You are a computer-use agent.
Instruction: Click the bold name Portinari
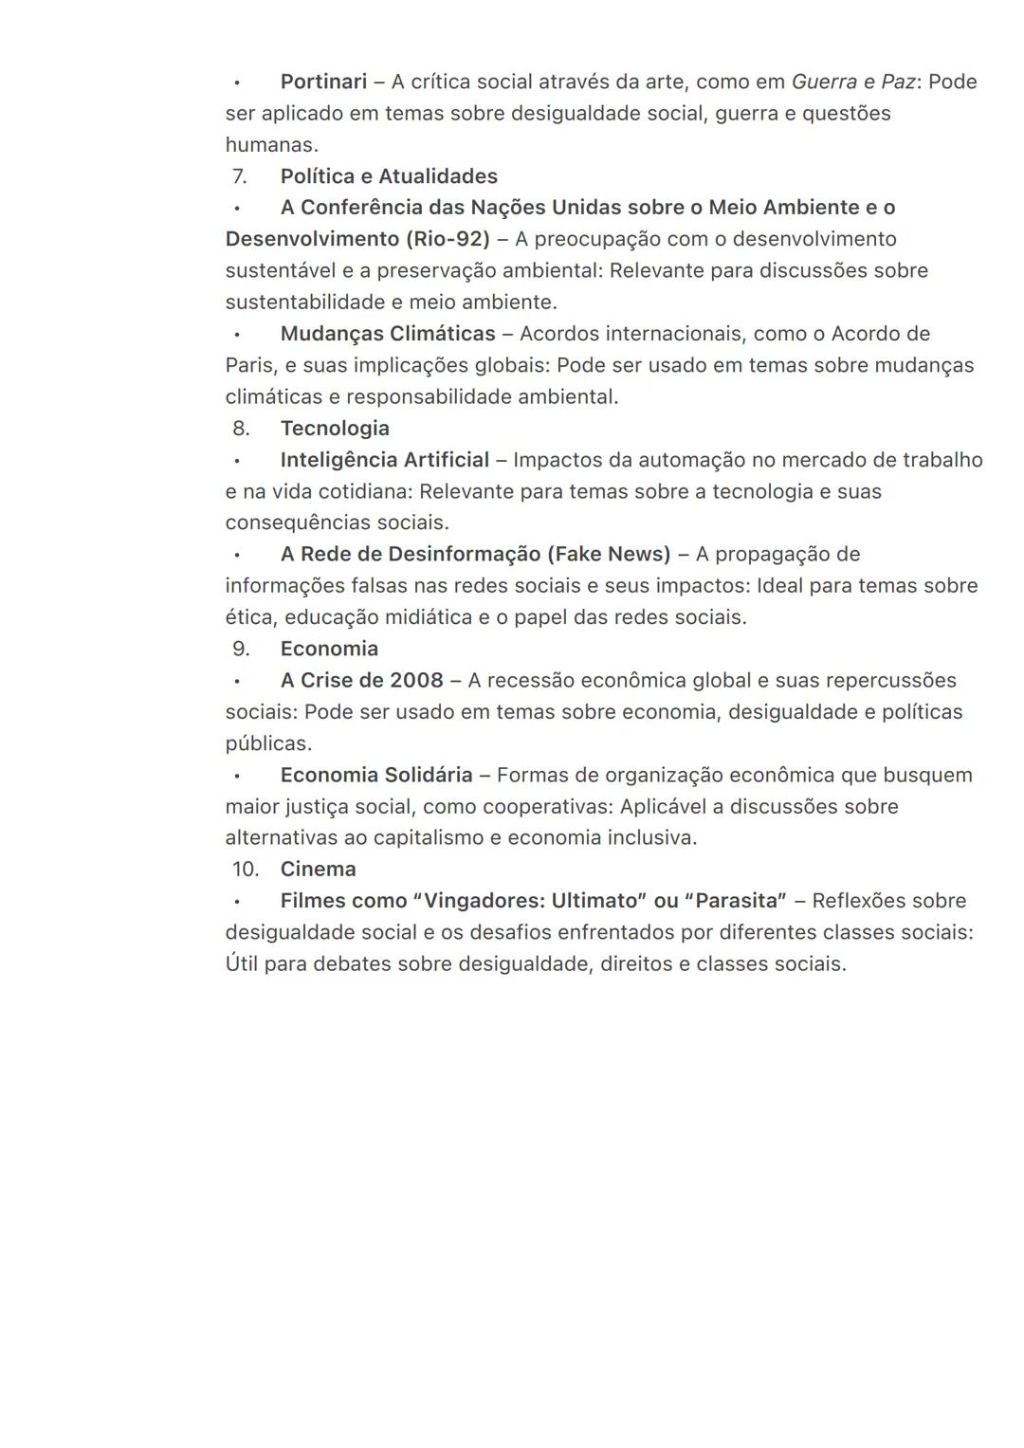pyautogui.click(x=323, y=82)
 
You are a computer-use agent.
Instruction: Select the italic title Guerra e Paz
pyautogui.click(x=852, y=82)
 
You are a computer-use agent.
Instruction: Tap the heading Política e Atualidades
pyautogui.click(x=389, y=176)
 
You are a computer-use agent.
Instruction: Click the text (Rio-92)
pyautogui.click(x=444, y=239)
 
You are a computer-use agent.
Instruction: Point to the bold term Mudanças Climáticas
pyautogui.click(x=388, y=334)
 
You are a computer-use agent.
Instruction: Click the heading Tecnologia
pyautogui.click(x=335, y=428)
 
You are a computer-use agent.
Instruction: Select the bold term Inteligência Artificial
pyautogui.click(x=385, y=460)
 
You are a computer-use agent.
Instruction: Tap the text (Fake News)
pyautogui.click(x=608, y=554)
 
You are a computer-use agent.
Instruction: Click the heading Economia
pyautogui.click(x=329, y=649)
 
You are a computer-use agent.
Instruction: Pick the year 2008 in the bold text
pyautogui.click(x=416, y=680)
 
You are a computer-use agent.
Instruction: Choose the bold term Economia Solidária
pyautogui.click(x=376, y=775)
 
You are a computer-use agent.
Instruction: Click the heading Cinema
pyautogui.click(x=318, y=869)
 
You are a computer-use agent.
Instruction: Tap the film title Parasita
pyautogui.click(x=736, y=901)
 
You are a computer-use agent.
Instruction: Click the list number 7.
pyautogui.click(x=240, y=176)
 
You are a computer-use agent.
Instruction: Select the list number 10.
pyautogui.click(x=245, y=869)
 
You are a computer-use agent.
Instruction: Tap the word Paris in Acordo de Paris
pyautogui.click(x=249, y=365)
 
